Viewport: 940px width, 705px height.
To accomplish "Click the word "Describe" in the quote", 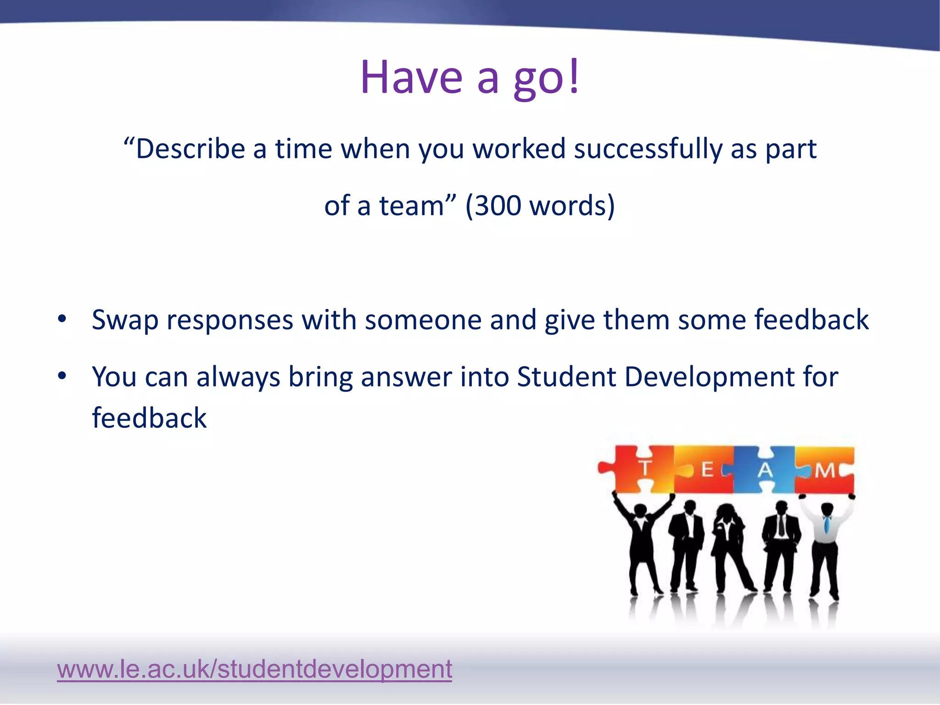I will pos(190,149).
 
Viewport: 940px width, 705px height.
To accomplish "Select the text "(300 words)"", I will pos(540,206).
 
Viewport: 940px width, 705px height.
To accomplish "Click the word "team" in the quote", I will pos(411,206).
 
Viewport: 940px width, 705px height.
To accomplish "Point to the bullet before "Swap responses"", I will pos(62,319).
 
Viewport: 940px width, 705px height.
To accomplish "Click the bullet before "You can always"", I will pos(62,376).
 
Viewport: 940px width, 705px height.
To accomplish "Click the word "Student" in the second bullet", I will pos(566,377).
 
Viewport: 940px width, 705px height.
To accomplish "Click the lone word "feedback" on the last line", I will pos(149,418).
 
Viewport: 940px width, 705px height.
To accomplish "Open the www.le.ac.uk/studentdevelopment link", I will pos(254,669).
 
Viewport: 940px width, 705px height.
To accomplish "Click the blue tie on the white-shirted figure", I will pos(827,524).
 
